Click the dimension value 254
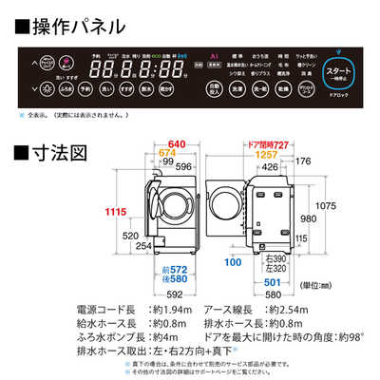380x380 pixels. pos(142,246)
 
